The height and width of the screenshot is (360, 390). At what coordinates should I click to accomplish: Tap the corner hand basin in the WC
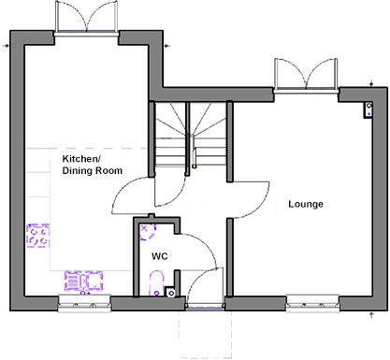(x=146, y=227)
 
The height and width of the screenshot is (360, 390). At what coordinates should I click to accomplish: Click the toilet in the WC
(x=155, y=280)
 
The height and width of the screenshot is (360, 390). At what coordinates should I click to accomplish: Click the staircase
(x=192, y=131)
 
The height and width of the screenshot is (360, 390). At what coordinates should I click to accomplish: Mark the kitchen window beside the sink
(x=85, y=302)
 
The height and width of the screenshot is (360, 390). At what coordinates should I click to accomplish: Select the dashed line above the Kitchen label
(x=103, y=148)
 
